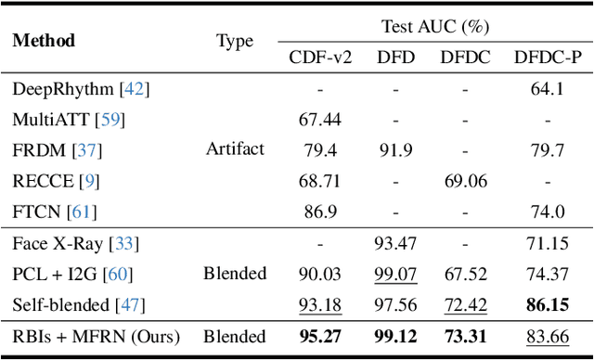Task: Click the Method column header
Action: [x=44, y=41]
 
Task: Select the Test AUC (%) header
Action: [x=435, y=27]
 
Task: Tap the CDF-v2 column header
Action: [x=320, y=58]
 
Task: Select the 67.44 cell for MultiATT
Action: [x=320, y=119]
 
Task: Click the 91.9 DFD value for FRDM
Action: [x=395, y=148]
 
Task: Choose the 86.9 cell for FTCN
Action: [x=320, y=212]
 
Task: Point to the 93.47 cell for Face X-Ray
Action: [x=395, y=243]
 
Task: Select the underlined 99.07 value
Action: [x=395, y=274]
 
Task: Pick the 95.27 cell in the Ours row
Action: [x=320, y=336]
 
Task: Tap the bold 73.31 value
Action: [x=466, y=336]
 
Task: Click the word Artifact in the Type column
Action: [x=235, y=148]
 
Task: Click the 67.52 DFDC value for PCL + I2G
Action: [x=466, y=274]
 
